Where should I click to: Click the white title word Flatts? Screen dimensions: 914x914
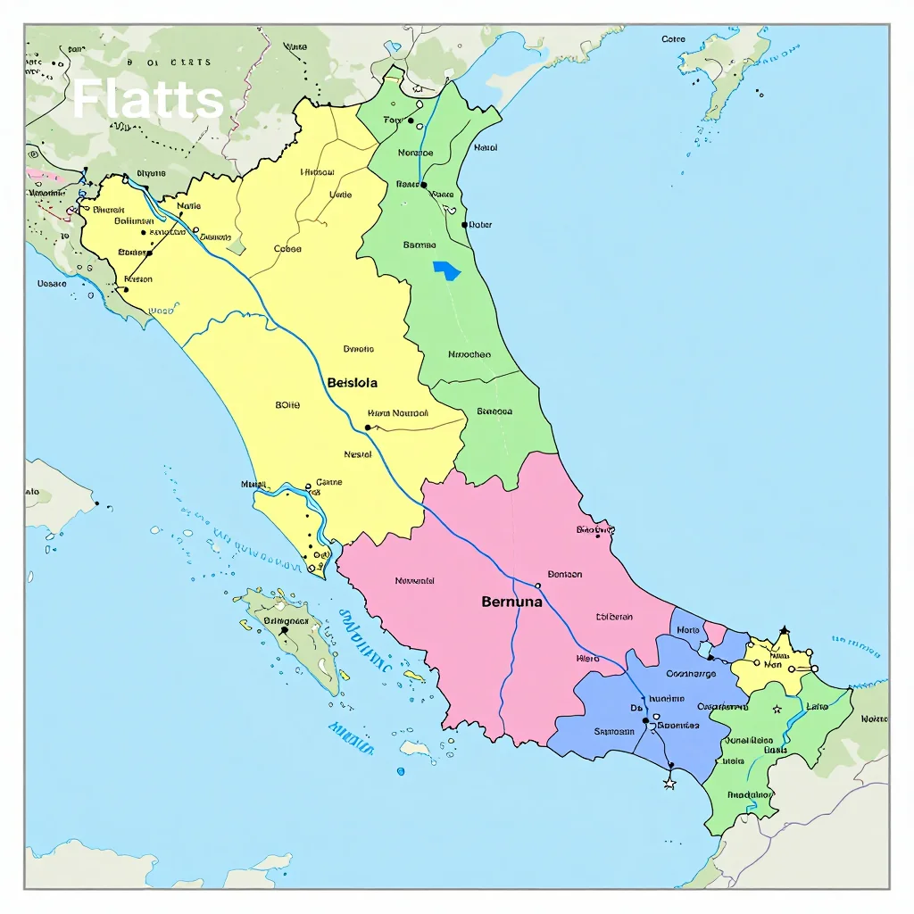[x=147, y=99]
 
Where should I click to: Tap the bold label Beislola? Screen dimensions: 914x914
[x=353, y=383]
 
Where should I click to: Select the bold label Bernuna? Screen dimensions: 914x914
[x=511, y=602]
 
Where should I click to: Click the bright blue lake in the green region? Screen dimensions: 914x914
[x=447, y=270]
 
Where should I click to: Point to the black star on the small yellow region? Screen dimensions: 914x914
[x=784, y=631]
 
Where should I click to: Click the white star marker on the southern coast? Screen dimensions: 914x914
[x=669, y=783]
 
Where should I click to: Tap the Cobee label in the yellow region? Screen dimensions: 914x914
[x=287, y=250]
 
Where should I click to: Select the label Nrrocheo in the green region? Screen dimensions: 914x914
[x=469, y=354]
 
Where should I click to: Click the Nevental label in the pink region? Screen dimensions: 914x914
[x=414, y=581]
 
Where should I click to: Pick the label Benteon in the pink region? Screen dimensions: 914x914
[x=565, y=574]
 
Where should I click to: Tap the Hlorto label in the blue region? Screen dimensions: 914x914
[x=688, y=630]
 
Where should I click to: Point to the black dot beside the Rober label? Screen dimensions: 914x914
[x=464, y=225]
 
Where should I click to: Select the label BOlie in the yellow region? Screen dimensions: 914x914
[x=287, y=405]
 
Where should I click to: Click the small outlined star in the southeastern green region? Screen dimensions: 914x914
[x=777, y=710]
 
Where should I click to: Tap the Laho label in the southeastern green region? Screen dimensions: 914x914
[x=817, y=706]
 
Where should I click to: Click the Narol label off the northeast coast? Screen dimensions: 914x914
[x=486, y=148]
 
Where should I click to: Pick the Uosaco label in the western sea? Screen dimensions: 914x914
[x=52, y=284]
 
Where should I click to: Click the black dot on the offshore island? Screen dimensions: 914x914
[x=285, y=630]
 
